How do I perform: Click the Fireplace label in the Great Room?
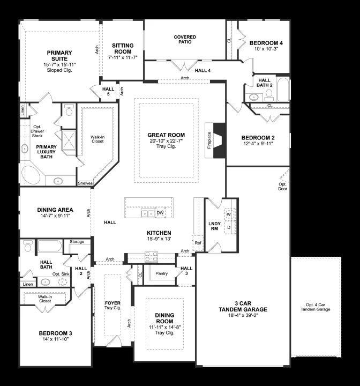click(x=209, y=140)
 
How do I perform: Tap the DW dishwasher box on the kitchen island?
click(x=160, y=213)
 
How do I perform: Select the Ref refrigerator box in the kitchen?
click(x=198, y=243)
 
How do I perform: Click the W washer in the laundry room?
click(x=229, y=214)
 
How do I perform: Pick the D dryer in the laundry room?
click(x=229, y=227)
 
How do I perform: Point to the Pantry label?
click(x=162, y=273)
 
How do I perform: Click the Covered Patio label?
click(x=185, y=39)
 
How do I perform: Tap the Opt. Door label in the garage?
click(x=283, y=187)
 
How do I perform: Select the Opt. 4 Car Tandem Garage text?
click(x=316, y=307)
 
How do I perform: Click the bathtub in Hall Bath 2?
click(x=283, y=90)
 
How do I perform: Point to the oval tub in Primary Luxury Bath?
click(x=31, y=175)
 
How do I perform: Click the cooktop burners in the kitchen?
click(x=151, y=256)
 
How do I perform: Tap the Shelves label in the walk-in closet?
click(x=85, y=183)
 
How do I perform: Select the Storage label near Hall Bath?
click(x=77, y=242)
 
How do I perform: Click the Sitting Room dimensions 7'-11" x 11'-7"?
click(x=123, y=57)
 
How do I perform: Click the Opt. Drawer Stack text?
click(x=37, y=131)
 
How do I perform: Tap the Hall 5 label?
click(x=108, y=91)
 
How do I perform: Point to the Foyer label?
click(x=112, y=303)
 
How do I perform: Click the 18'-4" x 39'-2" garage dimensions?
click(x=243, y=315)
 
